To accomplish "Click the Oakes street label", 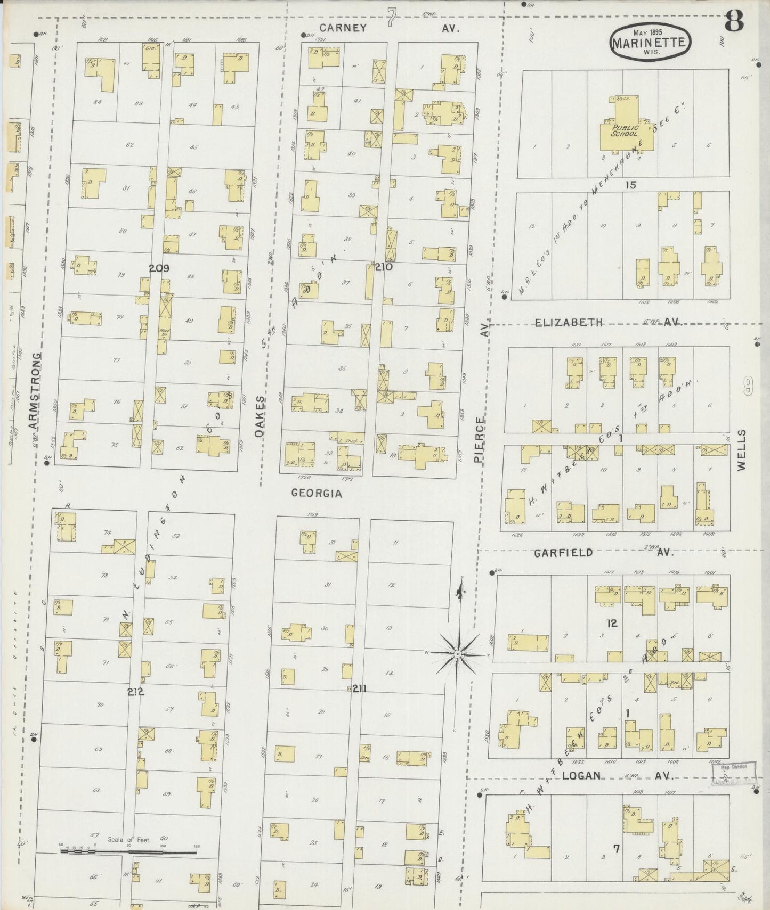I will click(260, 416).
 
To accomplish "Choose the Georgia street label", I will click(317, 494).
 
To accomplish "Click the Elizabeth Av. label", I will click(607, 322).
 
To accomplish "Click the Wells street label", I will click(742, 450).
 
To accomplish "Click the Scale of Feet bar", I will click(128, 852).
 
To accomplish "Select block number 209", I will click(159, 268).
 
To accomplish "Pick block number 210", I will click(383, 266).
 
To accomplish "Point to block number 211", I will click(360, 688).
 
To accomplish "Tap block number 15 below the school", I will click(631, 185).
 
